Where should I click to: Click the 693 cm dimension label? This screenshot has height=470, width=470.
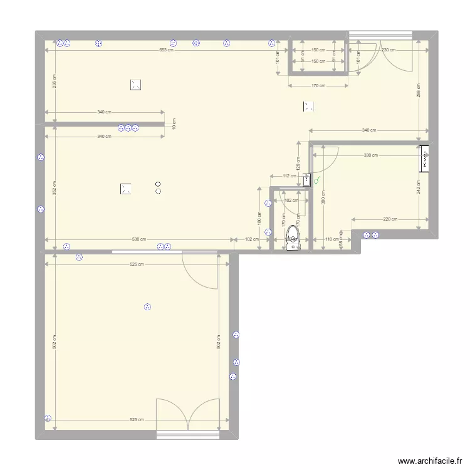[x=166, y=50]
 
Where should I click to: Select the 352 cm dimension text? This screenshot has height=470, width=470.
[x=55, y=186]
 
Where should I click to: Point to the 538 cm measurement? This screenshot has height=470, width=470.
[x=138, y=239]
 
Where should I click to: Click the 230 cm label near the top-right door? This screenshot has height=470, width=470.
[x=389, y=50]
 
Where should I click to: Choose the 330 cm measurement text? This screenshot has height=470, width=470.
[x=371, y=155]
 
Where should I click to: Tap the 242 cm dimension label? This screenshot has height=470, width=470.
[x=419, y=187]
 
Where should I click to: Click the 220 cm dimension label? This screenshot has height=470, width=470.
[x=390, y=219]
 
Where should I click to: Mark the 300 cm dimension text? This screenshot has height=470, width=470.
[x=323, y=198]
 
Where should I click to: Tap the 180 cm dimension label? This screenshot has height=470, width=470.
[x=259, y=217]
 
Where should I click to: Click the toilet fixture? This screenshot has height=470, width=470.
[x=292, y=237]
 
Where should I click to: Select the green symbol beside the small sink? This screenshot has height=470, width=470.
[x=318, y=180]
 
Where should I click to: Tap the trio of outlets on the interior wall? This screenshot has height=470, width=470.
[x=128, y=128]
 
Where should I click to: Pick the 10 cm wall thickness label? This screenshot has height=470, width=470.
[x=174, y=124]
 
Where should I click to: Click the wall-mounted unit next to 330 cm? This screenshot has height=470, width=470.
[x=425, y=159]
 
